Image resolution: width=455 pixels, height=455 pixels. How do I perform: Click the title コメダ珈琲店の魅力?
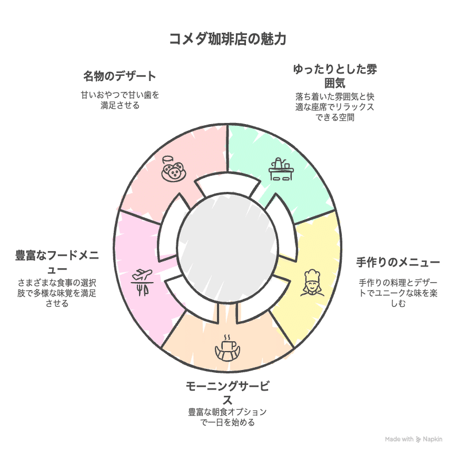[227, 39]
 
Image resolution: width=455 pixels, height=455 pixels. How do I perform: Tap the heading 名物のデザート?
[119, 76]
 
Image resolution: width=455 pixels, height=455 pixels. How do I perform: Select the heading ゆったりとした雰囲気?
[335, 76]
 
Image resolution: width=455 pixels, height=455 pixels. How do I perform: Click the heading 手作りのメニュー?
[398, 263]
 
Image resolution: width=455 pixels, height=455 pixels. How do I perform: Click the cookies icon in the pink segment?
[173, 167]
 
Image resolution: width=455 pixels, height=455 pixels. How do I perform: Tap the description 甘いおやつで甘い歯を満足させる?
[119, 100]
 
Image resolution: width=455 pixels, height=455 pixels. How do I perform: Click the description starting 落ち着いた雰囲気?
[335, 106]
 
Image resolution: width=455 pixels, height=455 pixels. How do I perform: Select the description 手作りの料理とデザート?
[398, 292]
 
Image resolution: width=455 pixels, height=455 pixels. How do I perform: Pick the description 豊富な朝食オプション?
[227, 417]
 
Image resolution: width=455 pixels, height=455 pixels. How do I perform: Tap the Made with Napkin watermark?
[414, 439]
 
